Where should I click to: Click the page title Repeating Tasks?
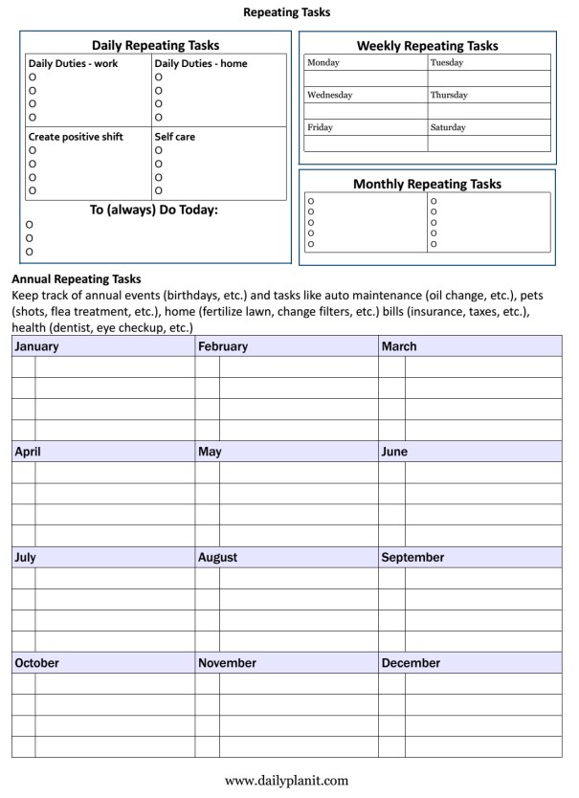point(287,12)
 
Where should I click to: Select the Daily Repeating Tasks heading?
point(155,45)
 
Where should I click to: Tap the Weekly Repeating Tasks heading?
point(427,45)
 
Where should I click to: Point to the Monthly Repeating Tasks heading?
point(427,184)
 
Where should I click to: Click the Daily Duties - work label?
point(73,64)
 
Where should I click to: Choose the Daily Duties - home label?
point(199,64)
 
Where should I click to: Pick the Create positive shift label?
point(76,137)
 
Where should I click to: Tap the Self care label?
point(174,137)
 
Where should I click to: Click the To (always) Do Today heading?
point(154,210)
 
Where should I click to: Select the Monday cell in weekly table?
point(323,63)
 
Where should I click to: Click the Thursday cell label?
point(449,96)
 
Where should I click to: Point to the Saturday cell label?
point(448,127)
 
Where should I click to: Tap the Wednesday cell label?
point(329,96)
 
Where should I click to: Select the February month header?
point(223,346)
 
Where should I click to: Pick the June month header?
point(394,452)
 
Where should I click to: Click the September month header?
point(412,557)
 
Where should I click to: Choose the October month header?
point(37,662)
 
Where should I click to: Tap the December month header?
point(411,662)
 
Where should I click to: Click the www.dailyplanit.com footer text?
point(286,780)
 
